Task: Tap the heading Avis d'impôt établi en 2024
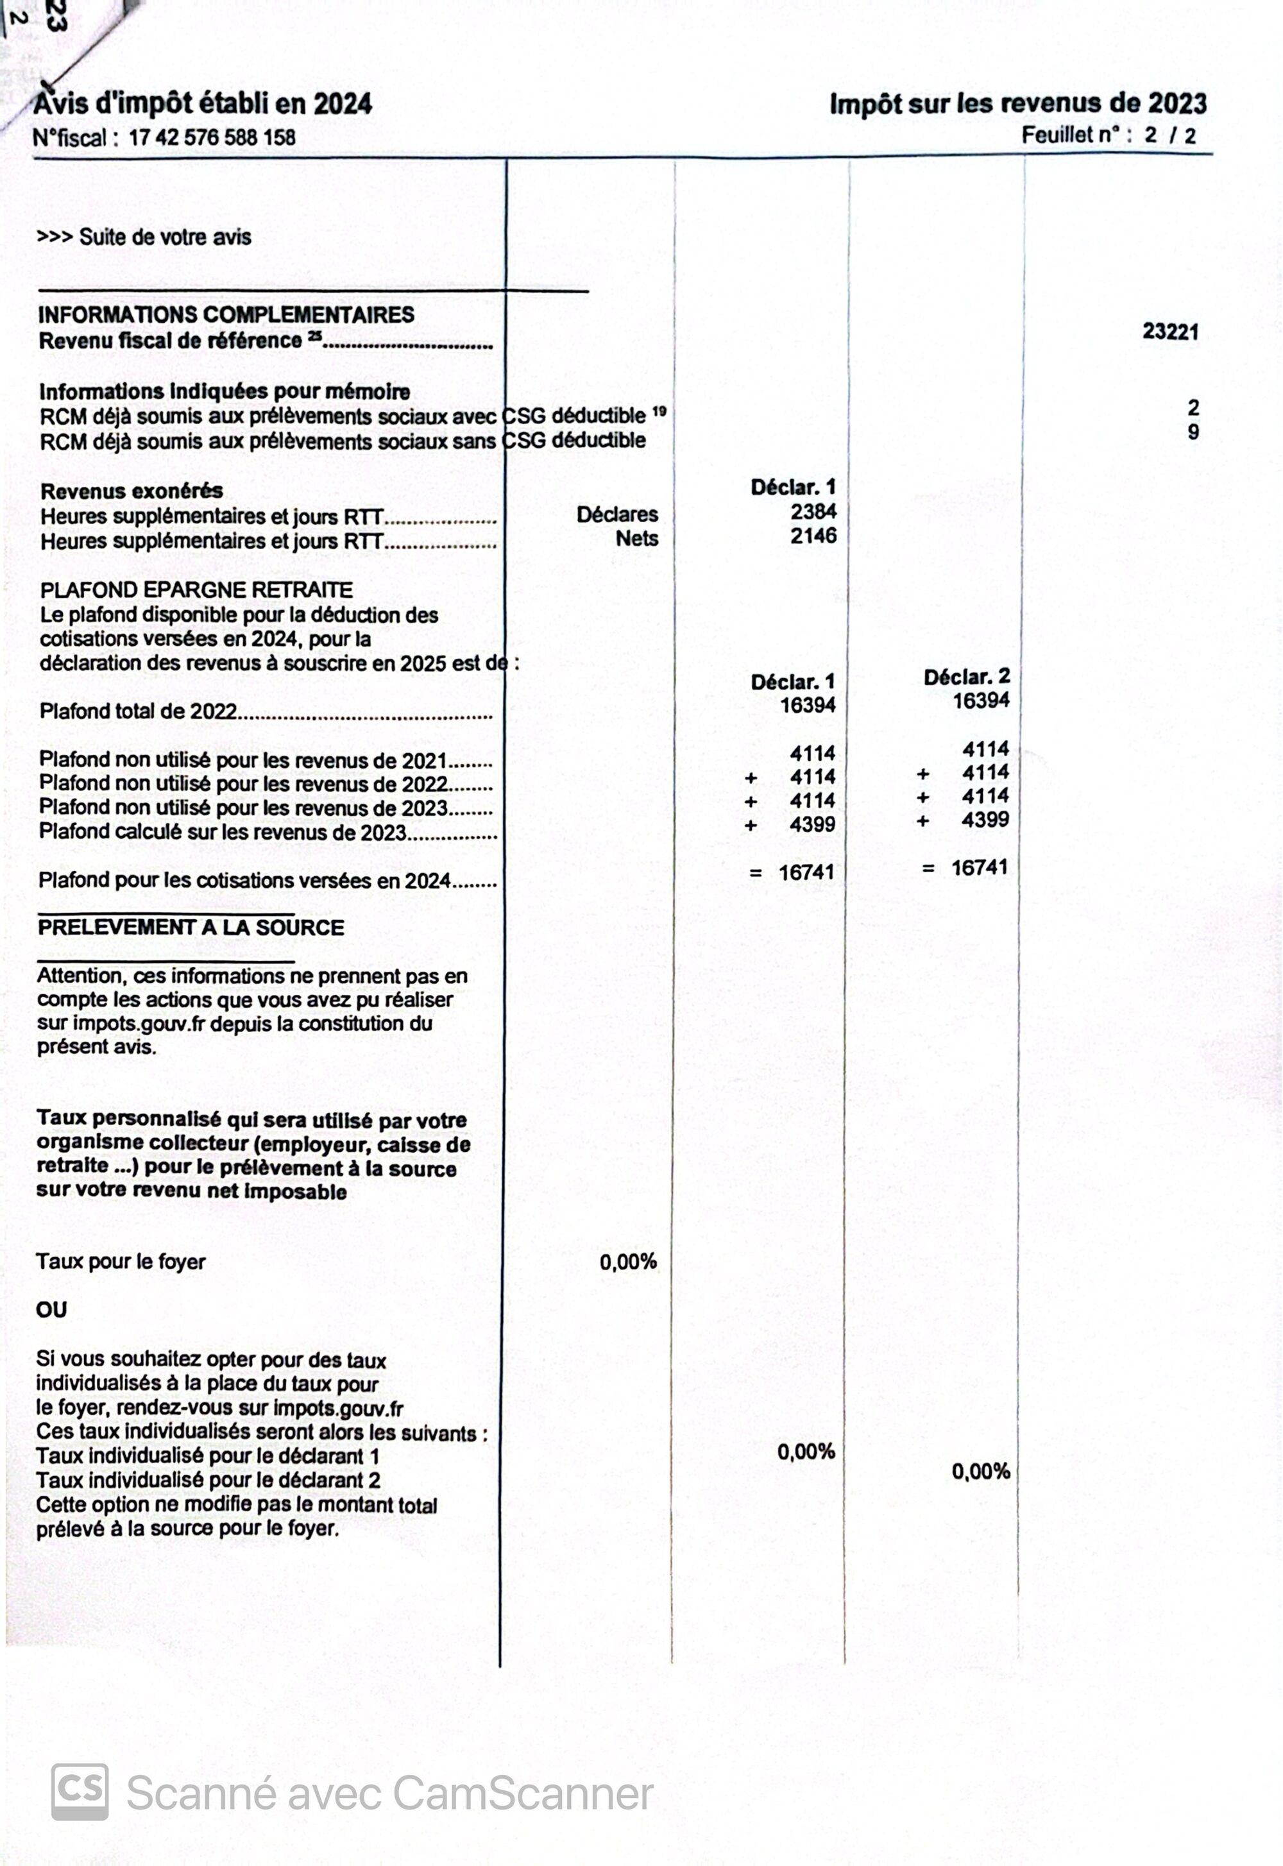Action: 203,104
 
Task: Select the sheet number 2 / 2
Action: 1169,135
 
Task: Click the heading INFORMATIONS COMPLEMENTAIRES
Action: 226,314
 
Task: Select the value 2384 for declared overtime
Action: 813,512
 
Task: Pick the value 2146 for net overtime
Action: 813,536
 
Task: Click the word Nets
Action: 636,538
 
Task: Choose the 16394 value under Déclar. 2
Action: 981,700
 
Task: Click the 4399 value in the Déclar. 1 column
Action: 812,824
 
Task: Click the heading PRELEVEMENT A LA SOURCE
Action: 191,928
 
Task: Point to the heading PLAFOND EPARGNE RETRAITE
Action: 196,590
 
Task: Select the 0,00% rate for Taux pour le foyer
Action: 628,1262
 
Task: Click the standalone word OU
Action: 51,1310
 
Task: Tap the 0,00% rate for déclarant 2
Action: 981,1472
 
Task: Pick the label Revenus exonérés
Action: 132,491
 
